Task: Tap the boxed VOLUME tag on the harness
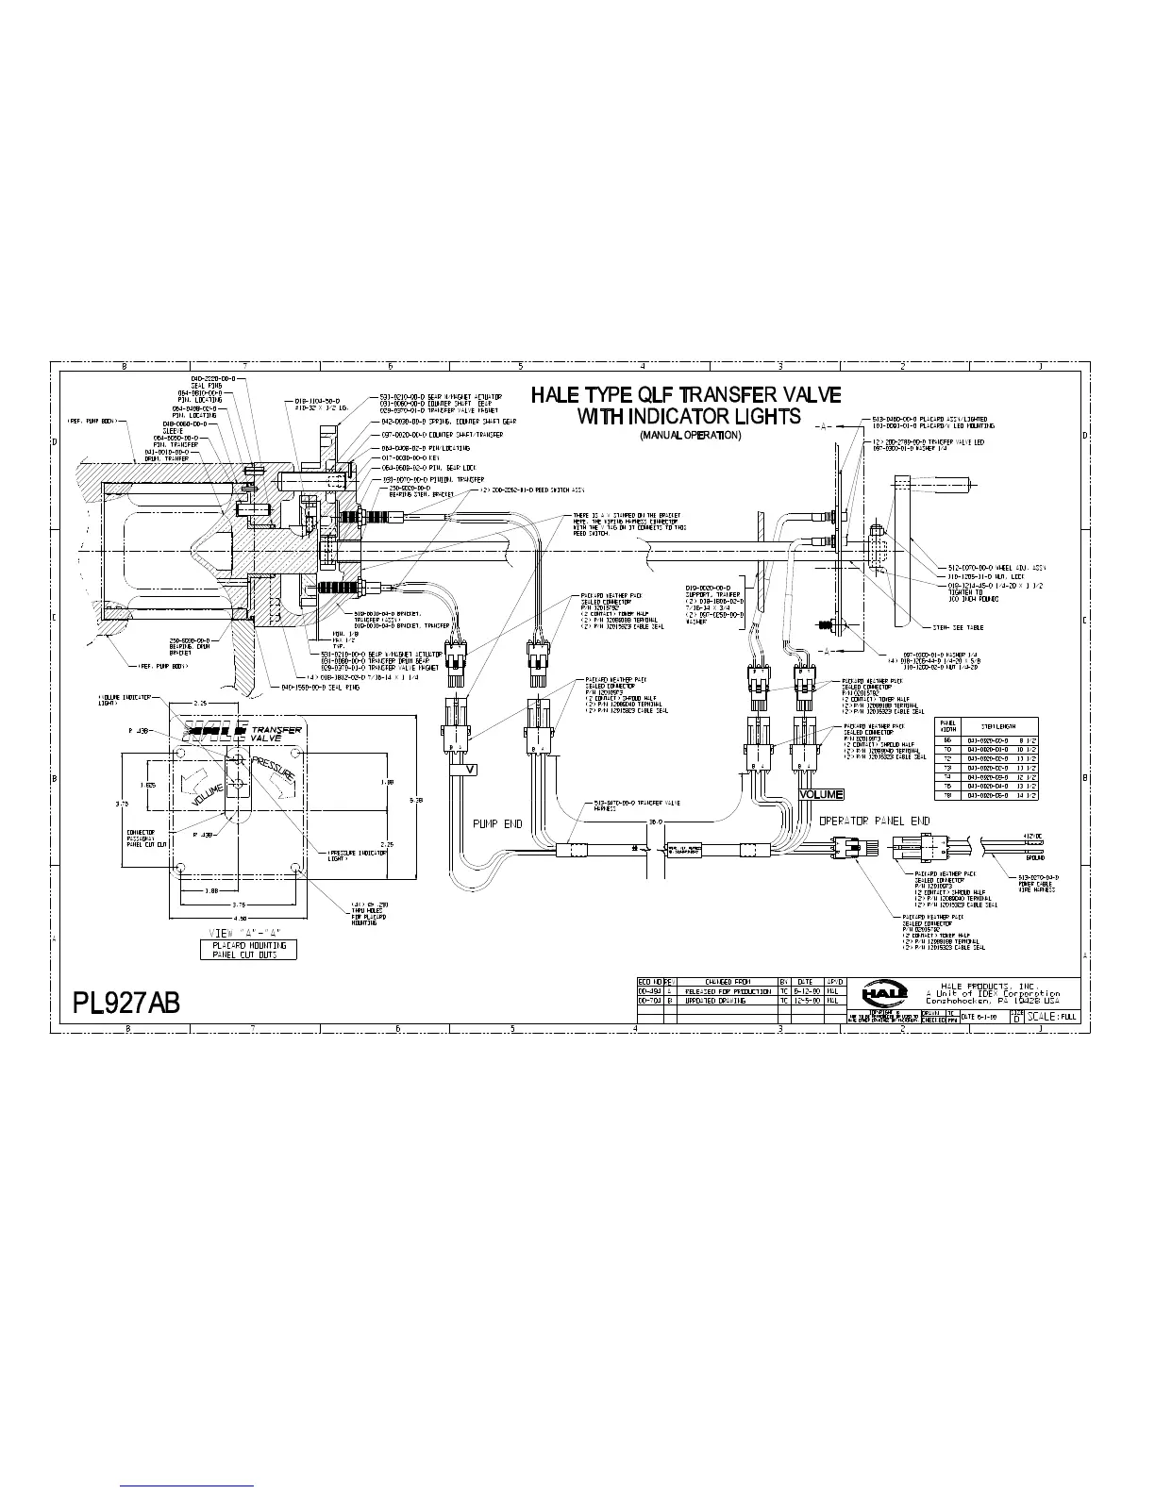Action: pos(820,794)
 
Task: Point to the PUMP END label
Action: pos(496,823)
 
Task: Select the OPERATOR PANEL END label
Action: pos(874,821)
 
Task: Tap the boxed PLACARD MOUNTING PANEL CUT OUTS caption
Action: pos(248,949)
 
